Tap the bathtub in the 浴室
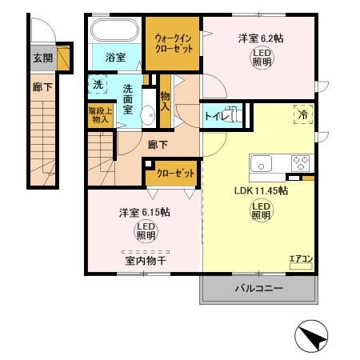[x=114, y=33]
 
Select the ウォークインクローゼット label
[x=172, y=41]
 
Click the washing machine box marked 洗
[x=97, y=84]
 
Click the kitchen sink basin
[x=262, y=163]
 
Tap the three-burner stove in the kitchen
[x=301, y=163]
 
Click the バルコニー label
[x=259, y=288]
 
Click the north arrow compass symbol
[x=315, y=335]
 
